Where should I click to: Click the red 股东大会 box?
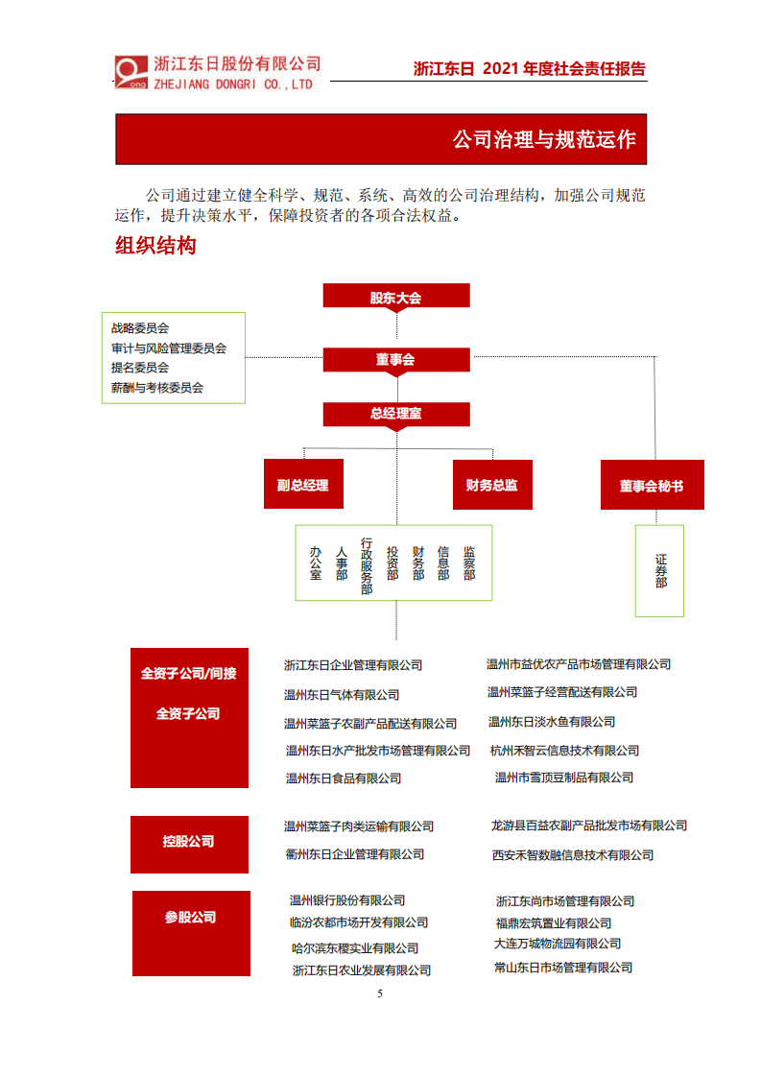point(395,297)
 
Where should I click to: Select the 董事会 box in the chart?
point(395,360)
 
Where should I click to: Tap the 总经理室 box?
point(395,414)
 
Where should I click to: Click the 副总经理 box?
point(303,486)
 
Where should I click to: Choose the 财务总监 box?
point(491,486)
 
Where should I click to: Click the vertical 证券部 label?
point(660,570)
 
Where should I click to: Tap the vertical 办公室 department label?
point(316,562)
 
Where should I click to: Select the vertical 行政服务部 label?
point(367,566)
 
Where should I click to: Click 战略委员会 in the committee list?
point(140,328)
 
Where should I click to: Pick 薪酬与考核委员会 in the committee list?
point(157,388)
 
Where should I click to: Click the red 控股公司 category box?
point(189,842)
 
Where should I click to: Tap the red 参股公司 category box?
point(190,918)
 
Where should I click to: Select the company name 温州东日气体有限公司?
point(341,695)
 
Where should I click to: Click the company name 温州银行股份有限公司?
point(347,900)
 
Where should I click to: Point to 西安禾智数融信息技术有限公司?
point(572,855)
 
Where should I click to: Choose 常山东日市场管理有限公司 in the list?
point(563,968)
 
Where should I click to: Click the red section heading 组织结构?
point(155,246)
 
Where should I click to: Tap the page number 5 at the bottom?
point(380,993)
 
